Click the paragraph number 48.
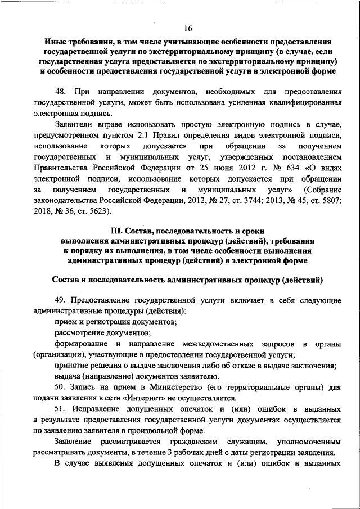(x=61, y=91)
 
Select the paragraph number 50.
(x=61, y=388)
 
